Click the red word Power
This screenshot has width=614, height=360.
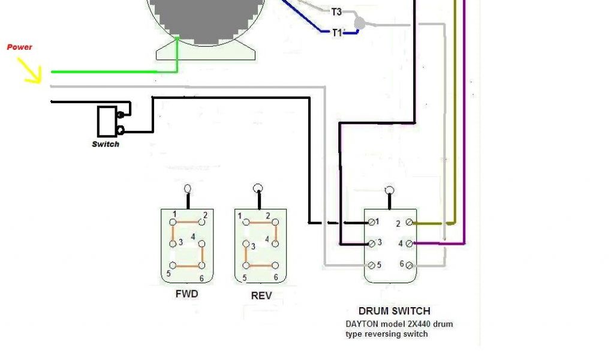pos(19,47)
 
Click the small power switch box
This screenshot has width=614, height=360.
pos(107,121)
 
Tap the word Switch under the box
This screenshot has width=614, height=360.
pos(106,144)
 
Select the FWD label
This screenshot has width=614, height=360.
pos(186,294)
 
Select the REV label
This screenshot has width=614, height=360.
pos(261,295)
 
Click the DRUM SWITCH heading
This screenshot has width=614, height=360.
pos(394,311)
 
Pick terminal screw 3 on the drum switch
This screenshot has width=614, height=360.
pos(372,243)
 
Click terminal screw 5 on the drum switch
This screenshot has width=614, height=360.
pos(372,265)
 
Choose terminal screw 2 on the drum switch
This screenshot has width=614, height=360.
pos(410,223)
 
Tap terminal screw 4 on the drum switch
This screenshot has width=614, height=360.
pos(410,244)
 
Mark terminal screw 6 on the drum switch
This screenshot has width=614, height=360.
pos(410,265)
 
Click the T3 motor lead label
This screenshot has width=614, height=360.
pos(336,11)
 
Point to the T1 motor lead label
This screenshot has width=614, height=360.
pos(337,32)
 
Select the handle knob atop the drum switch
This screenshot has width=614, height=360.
pos(390,190)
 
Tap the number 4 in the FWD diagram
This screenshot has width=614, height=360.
pos(193,237)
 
